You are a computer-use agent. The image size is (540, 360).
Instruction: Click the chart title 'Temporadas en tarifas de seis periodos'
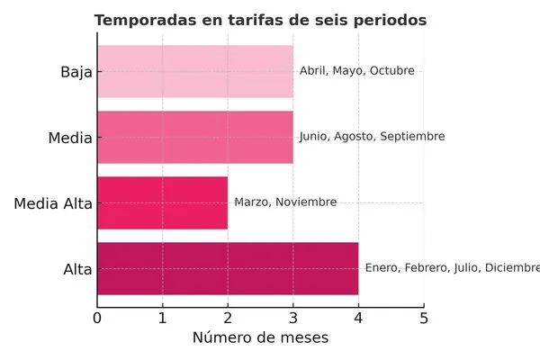pos(260,20)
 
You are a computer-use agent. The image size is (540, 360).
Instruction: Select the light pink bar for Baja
pos(195,71)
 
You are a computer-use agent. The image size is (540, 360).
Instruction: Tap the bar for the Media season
pos(195,137)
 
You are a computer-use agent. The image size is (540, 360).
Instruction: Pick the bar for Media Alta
pos(162,202)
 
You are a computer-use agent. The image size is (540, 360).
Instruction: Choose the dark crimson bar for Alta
pos(228,268)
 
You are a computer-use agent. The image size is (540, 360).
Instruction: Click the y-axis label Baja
pos(76,72)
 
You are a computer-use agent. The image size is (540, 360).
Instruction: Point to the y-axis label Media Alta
pos(53,203)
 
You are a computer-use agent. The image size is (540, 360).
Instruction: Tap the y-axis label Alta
pos(78,269)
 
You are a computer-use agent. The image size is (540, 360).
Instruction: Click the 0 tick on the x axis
pos(97,318)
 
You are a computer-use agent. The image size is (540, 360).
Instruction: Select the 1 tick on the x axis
pos(162,318)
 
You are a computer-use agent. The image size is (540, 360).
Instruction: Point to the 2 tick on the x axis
pos(228,318)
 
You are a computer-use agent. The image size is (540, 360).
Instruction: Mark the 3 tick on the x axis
pos(292,318)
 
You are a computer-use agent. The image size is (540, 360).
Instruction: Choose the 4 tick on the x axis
pos(358,318)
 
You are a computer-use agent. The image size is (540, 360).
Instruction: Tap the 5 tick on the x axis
pos(423,318)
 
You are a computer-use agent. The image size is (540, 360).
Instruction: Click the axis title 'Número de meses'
pos(260,338)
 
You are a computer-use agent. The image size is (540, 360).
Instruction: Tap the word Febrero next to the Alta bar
pos(428,268)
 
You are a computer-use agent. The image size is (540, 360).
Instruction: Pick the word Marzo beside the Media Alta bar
pos(251,202)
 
